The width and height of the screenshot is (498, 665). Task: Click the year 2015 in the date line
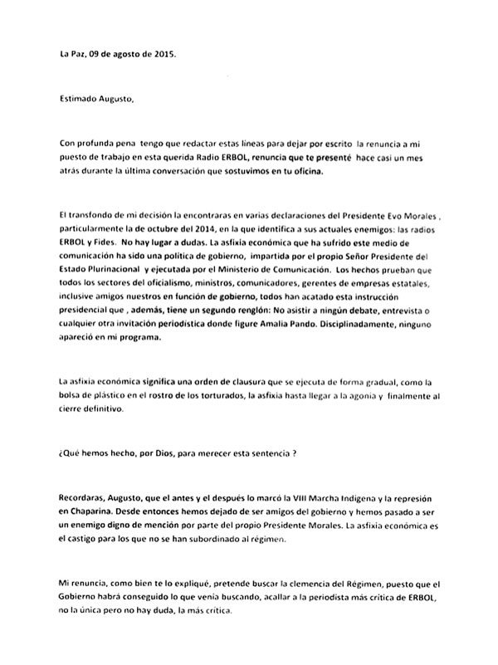click(x=164, y=56)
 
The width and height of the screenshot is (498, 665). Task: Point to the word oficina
click(x=325, y=171)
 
